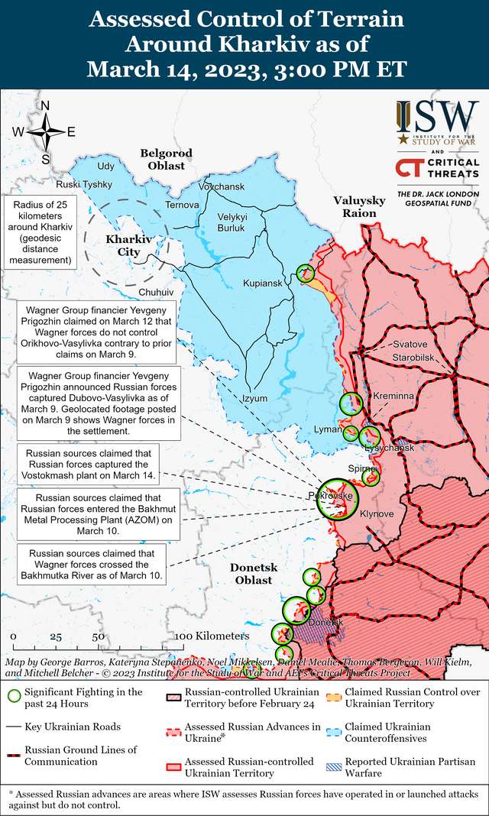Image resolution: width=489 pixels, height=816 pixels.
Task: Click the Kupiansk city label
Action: [x=263, y=283]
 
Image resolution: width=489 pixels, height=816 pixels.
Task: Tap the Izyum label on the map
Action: [x=254, y=398]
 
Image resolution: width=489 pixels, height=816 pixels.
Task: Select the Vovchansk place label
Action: [x=221, y=187]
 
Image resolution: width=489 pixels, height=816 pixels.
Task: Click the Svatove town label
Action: [x=410, y=345]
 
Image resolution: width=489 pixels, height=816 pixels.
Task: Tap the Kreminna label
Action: [x=393, y=397]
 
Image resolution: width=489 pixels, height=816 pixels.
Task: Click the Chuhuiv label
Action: [x=157, y=293]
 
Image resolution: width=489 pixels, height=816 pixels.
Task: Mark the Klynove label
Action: [x=377, y=513]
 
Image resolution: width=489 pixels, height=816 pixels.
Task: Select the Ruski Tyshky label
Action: [x=84, y=185]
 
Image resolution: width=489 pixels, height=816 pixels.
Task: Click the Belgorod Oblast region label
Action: [x=166, y=159]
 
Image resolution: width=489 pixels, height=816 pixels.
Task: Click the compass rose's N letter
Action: [x=45, y=106]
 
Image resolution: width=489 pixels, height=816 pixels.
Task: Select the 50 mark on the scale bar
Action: [x=99, y=636]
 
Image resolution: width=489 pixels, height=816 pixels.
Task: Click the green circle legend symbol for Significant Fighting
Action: [x=14, y=697]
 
